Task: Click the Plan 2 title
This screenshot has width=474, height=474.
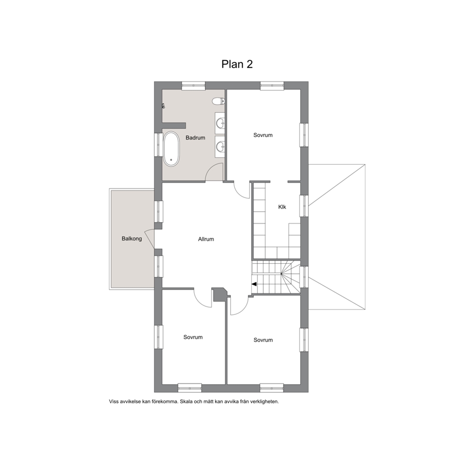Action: click(x=237, y=64)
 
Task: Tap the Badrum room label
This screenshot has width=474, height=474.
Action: click(x=195, y=138)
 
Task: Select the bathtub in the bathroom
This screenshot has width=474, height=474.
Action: click(x=171, y=149)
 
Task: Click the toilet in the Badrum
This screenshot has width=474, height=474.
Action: click(x=218, y=101)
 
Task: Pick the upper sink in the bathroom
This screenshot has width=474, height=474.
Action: click(x=221, y=123)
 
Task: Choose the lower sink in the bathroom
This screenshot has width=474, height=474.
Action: click(x=221, y=147)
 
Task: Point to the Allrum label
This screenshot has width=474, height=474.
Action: click(x=206, y=239)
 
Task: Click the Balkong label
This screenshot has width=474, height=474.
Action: click(x=131, y=239)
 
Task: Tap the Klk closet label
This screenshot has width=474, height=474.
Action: click(x=282, y=207)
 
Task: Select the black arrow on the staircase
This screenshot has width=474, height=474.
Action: click(x=254, y=284)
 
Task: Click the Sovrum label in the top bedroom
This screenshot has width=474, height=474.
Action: click(x=263, y=135)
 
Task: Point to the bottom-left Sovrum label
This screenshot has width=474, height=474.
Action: click(x=193, y=337)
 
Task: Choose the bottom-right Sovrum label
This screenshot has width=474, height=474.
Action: click(x=263, y=340)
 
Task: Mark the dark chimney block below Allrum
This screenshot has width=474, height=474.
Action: click(x=220, y=294)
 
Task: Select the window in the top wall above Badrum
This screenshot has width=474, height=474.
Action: click(x=193, y=86)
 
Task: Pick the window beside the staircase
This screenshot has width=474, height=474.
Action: click(x=304, y=277)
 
